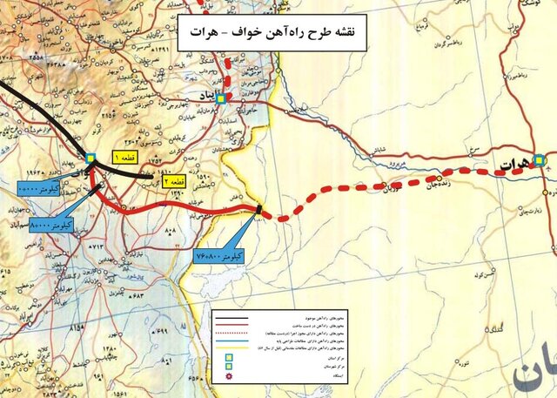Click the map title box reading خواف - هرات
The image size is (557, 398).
coord(272,37)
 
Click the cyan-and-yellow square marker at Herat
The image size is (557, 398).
coord(540,160)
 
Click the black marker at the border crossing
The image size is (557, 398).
coord(259,208)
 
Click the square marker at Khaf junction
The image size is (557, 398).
coord(91,159)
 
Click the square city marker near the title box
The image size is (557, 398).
coord(221,98)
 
